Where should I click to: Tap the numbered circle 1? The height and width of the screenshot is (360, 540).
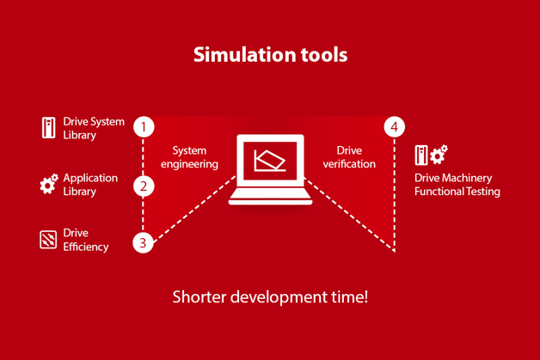click(144, 126)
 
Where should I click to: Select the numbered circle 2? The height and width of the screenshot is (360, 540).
click(144, 186)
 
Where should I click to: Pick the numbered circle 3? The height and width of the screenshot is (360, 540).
click(143, 242)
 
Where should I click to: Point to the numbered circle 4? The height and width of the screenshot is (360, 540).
click(395, 126)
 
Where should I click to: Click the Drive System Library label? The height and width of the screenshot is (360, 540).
click(94, 128)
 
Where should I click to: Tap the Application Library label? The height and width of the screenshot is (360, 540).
click(90, 185)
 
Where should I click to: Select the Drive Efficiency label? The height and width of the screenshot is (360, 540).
click(86, 240)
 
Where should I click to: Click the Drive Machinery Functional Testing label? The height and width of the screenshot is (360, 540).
click(457, 185)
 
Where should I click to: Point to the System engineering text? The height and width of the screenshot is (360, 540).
click(189, 157)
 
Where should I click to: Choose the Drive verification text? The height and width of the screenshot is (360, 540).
click(349, 157)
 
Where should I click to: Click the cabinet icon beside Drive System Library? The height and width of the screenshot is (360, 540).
click(48, 128)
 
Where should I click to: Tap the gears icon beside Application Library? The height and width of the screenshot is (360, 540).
click(48, 184)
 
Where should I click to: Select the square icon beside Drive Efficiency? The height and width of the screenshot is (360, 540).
click(48, 240)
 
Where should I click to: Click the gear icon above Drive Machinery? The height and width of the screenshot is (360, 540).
click(439, 154)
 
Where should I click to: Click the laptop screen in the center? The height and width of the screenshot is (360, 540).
click(270, 161)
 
